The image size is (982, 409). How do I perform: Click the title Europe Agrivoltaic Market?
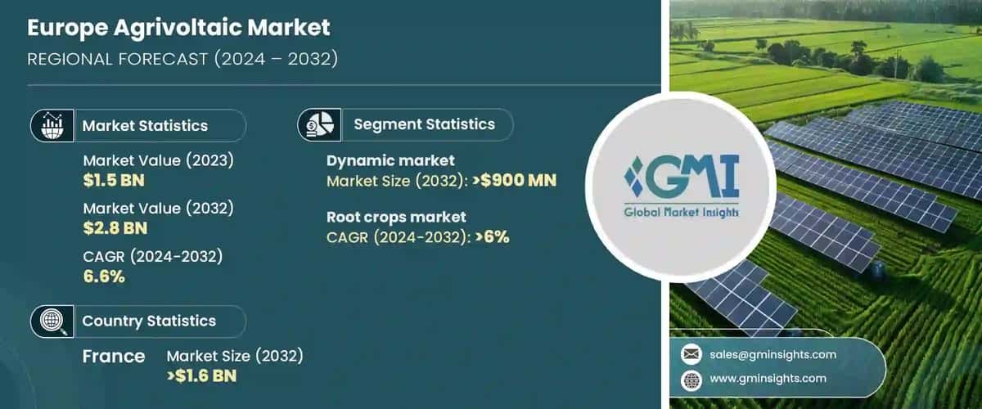coord(179,28)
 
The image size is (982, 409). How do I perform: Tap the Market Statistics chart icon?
coord(48,126)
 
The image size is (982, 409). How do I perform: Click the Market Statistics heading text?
coord(145,126)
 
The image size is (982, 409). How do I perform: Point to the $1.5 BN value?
coord(114,180)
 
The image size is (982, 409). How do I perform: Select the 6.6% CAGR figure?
coord(104,276)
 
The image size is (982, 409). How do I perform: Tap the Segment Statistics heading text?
coord(424,124)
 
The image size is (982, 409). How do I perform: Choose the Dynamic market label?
coord(390,161)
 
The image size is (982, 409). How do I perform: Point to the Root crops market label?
coord(396,217)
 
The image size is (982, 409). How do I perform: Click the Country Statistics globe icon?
coord(48,321)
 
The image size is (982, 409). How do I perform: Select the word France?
coord(114,357)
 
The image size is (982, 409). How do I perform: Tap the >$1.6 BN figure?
coord(203,376)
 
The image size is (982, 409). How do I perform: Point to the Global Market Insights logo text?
coord(681,212)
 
